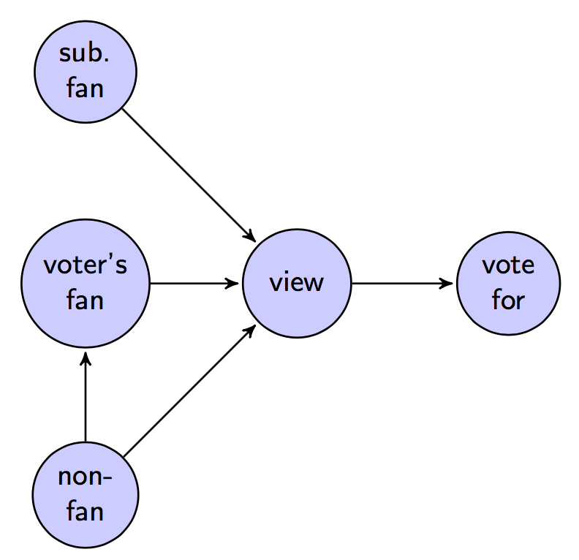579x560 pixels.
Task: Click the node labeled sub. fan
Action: [86, 71]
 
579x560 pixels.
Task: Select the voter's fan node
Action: [86, 283]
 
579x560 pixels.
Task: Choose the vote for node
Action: [507, 283]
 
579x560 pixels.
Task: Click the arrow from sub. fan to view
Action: [189, 175]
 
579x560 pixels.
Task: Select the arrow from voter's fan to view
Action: [194, 283]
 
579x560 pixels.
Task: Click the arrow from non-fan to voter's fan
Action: [86, 398]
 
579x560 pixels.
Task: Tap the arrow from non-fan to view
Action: [189, 391]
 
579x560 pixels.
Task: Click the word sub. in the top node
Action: [86, 55]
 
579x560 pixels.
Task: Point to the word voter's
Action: [86, 265]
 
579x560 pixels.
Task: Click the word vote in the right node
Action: [507, 265]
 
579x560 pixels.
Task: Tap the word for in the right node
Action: [507, 300]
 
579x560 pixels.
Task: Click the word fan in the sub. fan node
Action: [86, 88]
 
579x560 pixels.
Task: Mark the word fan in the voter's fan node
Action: [86, 300]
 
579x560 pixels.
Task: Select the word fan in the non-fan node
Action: [86, 512]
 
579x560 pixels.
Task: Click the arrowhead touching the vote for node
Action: [447, 283]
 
